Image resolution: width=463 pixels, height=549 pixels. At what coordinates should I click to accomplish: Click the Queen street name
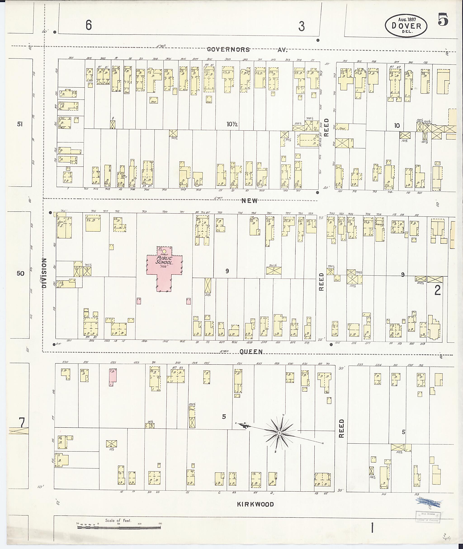pyautogui.click(x=251, y=352)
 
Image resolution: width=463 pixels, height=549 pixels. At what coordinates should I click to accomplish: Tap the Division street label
pyautogui.click(x=44, y=273)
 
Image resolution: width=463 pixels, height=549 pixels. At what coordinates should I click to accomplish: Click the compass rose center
pyautogui.click(x=279, y=432)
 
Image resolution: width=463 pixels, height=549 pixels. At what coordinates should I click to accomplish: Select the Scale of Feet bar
pyautogui.click(x=119, y=527)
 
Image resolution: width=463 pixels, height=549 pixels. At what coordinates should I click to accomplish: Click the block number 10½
pyautogui.click(x=232, y=124)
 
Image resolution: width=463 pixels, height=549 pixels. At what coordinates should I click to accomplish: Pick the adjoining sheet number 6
pyautogui.click(x=89, y=25)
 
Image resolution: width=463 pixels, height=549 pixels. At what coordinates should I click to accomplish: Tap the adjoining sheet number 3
pyautogui.click(x=301, y=26)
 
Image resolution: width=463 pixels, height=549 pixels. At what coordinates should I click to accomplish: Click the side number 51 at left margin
pyautogui.click(x=20, y=124)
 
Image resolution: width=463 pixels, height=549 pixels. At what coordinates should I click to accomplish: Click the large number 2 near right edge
pyautogui.click(x=437, y=290)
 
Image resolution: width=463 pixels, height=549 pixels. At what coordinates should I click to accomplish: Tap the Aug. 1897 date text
pyautogui.click(x=406, y=19)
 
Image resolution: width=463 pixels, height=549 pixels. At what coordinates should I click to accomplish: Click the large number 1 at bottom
pyautogui.click(x=372, y=528)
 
